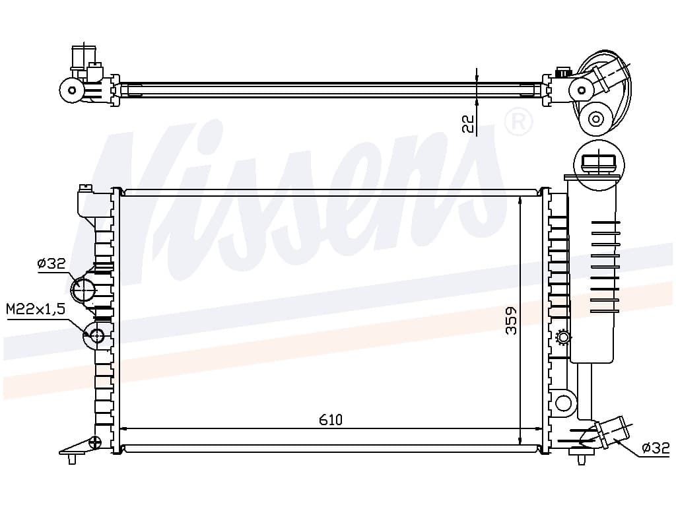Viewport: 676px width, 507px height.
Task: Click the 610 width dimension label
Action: click(x=331, y=419)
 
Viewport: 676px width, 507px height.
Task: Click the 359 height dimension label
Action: click(x=512, y=320)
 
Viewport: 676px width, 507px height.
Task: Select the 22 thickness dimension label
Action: click(x=468, y=123)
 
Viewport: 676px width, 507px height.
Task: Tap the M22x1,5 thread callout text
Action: click(x=36, y=309)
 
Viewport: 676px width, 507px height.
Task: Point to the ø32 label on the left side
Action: click(x=51, y=263)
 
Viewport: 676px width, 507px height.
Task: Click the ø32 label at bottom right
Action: click(x=656, y=448)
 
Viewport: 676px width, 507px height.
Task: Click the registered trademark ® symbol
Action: click(x=518, y=122)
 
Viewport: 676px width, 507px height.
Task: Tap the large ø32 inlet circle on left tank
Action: click(x=84, y=289)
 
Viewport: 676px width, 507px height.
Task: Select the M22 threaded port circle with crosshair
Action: click(x=95, y=335)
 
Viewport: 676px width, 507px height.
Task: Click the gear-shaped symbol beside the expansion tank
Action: click(x=563, y=337)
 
